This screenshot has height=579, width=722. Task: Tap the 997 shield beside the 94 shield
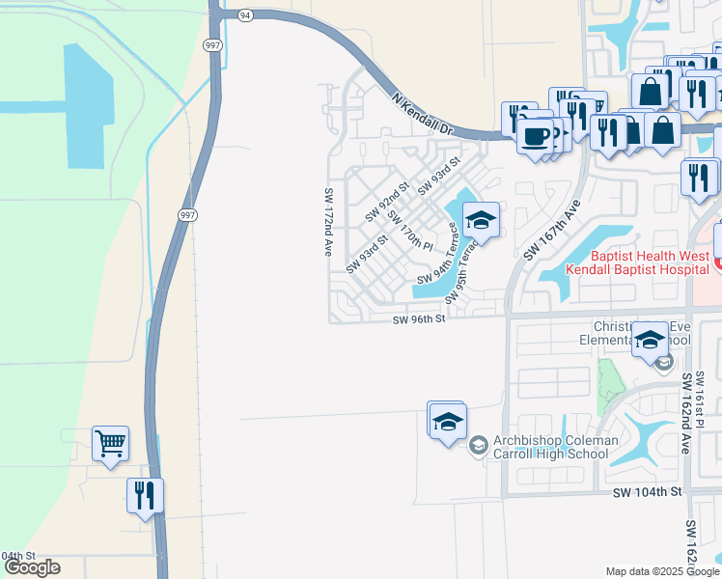213,45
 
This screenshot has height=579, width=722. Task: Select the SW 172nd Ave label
328,221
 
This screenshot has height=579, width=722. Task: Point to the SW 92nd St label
387,200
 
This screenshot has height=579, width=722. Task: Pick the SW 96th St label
420,319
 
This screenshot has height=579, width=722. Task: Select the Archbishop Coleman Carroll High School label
555,448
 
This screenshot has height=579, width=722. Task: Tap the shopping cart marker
110,445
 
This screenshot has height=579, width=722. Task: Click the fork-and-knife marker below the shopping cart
145,496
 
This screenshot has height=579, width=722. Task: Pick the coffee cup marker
535,135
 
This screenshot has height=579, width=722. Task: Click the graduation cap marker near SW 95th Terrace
480,220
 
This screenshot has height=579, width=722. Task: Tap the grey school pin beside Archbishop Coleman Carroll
478,446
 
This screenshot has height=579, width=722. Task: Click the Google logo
32,567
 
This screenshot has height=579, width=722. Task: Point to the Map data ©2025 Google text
661,571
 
